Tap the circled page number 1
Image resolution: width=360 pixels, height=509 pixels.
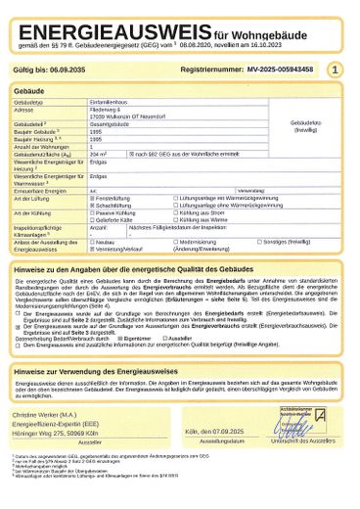click(336, 70)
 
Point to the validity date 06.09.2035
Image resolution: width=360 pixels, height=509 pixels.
click(65, 70)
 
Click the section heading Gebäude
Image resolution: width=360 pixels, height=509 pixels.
click(33, 90)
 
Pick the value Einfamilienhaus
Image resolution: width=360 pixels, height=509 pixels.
click(106, 102)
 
